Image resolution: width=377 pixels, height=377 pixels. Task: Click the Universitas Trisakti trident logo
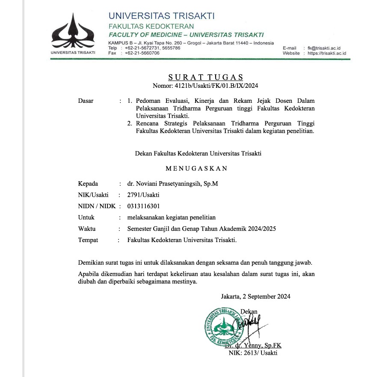point(73,32)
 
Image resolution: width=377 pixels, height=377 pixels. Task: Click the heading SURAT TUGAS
point(205,77)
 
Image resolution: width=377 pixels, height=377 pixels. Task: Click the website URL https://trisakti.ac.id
point(327,53)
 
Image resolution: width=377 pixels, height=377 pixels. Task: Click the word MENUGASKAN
point(196,168)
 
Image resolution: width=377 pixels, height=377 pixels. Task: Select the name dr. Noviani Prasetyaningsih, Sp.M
point(172,184)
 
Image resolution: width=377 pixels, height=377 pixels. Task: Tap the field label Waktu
point(87,229)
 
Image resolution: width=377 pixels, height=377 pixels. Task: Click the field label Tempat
point(88,240)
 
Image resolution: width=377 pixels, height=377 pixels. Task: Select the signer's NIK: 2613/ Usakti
point(253,353)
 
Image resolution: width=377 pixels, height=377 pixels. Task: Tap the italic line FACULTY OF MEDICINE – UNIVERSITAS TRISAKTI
point(186,35)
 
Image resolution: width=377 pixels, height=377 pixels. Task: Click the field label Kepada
point(88,184)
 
